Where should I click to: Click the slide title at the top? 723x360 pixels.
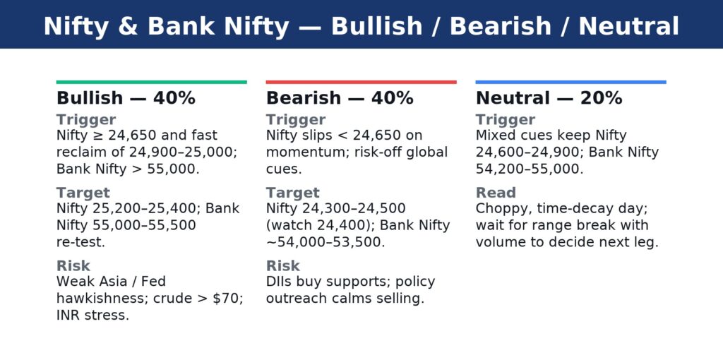coord(361,26)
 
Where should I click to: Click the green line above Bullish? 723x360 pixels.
coord(152,82)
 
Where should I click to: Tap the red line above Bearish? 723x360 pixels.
coord(361,82)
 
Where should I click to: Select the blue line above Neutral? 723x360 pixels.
coord(570,82)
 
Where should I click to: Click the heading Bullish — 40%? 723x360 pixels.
coord(126,98)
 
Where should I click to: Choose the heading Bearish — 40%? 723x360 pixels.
coord(340,98)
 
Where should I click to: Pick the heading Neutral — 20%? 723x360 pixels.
coord(549,98)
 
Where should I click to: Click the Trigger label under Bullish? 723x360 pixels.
coord(86,120)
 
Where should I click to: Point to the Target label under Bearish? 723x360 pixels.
coord(293,193)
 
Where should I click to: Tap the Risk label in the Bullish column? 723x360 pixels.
coord(73,265)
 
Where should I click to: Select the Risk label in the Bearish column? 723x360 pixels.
coord(283,265)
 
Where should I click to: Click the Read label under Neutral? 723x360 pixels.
coord(496,193)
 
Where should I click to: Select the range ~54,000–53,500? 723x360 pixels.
coord(325,242)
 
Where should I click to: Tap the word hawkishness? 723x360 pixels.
coord(99,298)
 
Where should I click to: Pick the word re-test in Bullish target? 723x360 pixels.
coord(80,242)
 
